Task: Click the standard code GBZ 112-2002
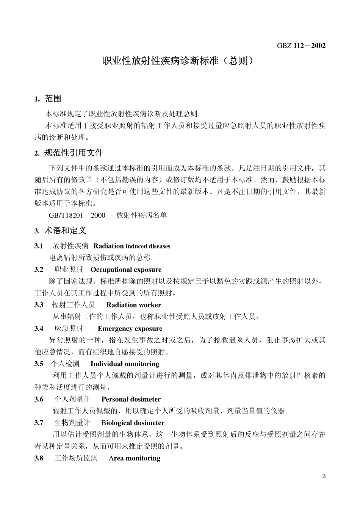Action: point(301,46)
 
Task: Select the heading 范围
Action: point(53,99)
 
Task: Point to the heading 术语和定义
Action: point(65,230)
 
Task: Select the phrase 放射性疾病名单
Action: point(141,215)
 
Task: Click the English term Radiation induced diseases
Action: point(132,246)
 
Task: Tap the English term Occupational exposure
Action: point(126,270)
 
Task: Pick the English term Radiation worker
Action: point(133,305)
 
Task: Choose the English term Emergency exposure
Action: point(130,328)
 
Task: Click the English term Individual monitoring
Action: point(125,364)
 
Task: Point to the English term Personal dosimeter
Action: point(131,399)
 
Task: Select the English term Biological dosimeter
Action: point(133,423)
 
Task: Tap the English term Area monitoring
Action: point(134,458)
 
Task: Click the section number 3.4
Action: point(39,328)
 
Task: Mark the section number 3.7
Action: point(39,423)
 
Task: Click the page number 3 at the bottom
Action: point(324,476)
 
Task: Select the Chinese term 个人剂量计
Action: point(72,399)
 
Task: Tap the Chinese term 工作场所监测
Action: point(76,458)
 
